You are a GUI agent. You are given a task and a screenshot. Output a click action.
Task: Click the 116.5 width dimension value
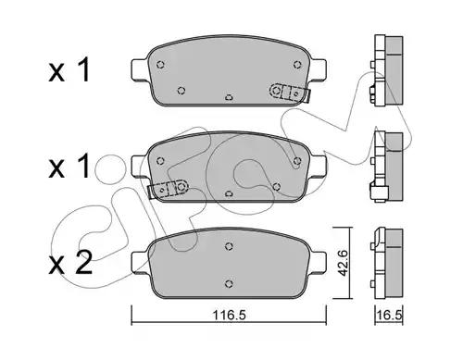229,315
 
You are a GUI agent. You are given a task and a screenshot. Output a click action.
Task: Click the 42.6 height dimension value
343,263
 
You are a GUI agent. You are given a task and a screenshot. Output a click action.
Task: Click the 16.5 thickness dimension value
389,316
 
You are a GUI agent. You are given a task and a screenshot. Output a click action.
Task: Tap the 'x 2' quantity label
70,263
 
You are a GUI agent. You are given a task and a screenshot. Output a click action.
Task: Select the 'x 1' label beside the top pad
69,70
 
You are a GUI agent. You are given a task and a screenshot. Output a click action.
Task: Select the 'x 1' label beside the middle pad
69,167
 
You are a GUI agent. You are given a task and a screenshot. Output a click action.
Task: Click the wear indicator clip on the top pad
289,93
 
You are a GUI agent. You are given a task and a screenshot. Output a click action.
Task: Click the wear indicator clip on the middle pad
169,189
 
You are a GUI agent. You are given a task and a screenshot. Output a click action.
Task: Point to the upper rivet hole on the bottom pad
229,246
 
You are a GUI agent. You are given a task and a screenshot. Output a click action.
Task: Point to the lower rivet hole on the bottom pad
229,283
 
